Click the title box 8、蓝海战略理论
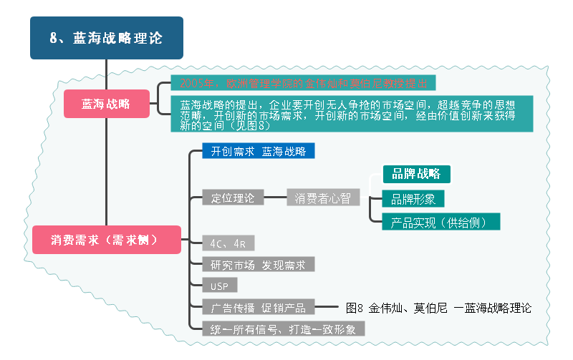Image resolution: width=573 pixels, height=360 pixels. click(106, 38)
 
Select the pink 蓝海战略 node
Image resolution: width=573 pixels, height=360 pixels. click(106, 104)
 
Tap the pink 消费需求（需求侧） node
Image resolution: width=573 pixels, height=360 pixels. click(105, 239)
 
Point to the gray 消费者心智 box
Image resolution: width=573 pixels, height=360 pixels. click(322, 198)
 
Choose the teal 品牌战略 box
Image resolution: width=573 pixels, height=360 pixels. click(416, 174)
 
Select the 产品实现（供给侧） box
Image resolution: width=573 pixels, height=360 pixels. click(440, 222)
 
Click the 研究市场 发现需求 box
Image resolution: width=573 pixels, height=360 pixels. click(258, 265)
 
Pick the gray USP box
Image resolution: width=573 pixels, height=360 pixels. click(219, 286)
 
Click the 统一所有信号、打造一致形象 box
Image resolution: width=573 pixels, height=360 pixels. click(284, 329)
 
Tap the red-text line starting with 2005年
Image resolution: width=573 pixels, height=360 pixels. click(303, 83)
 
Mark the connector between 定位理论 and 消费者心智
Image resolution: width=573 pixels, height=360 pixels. click(276, 198)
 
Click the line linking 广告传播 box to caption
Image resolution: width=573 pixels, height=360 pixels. click(327, 308)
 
